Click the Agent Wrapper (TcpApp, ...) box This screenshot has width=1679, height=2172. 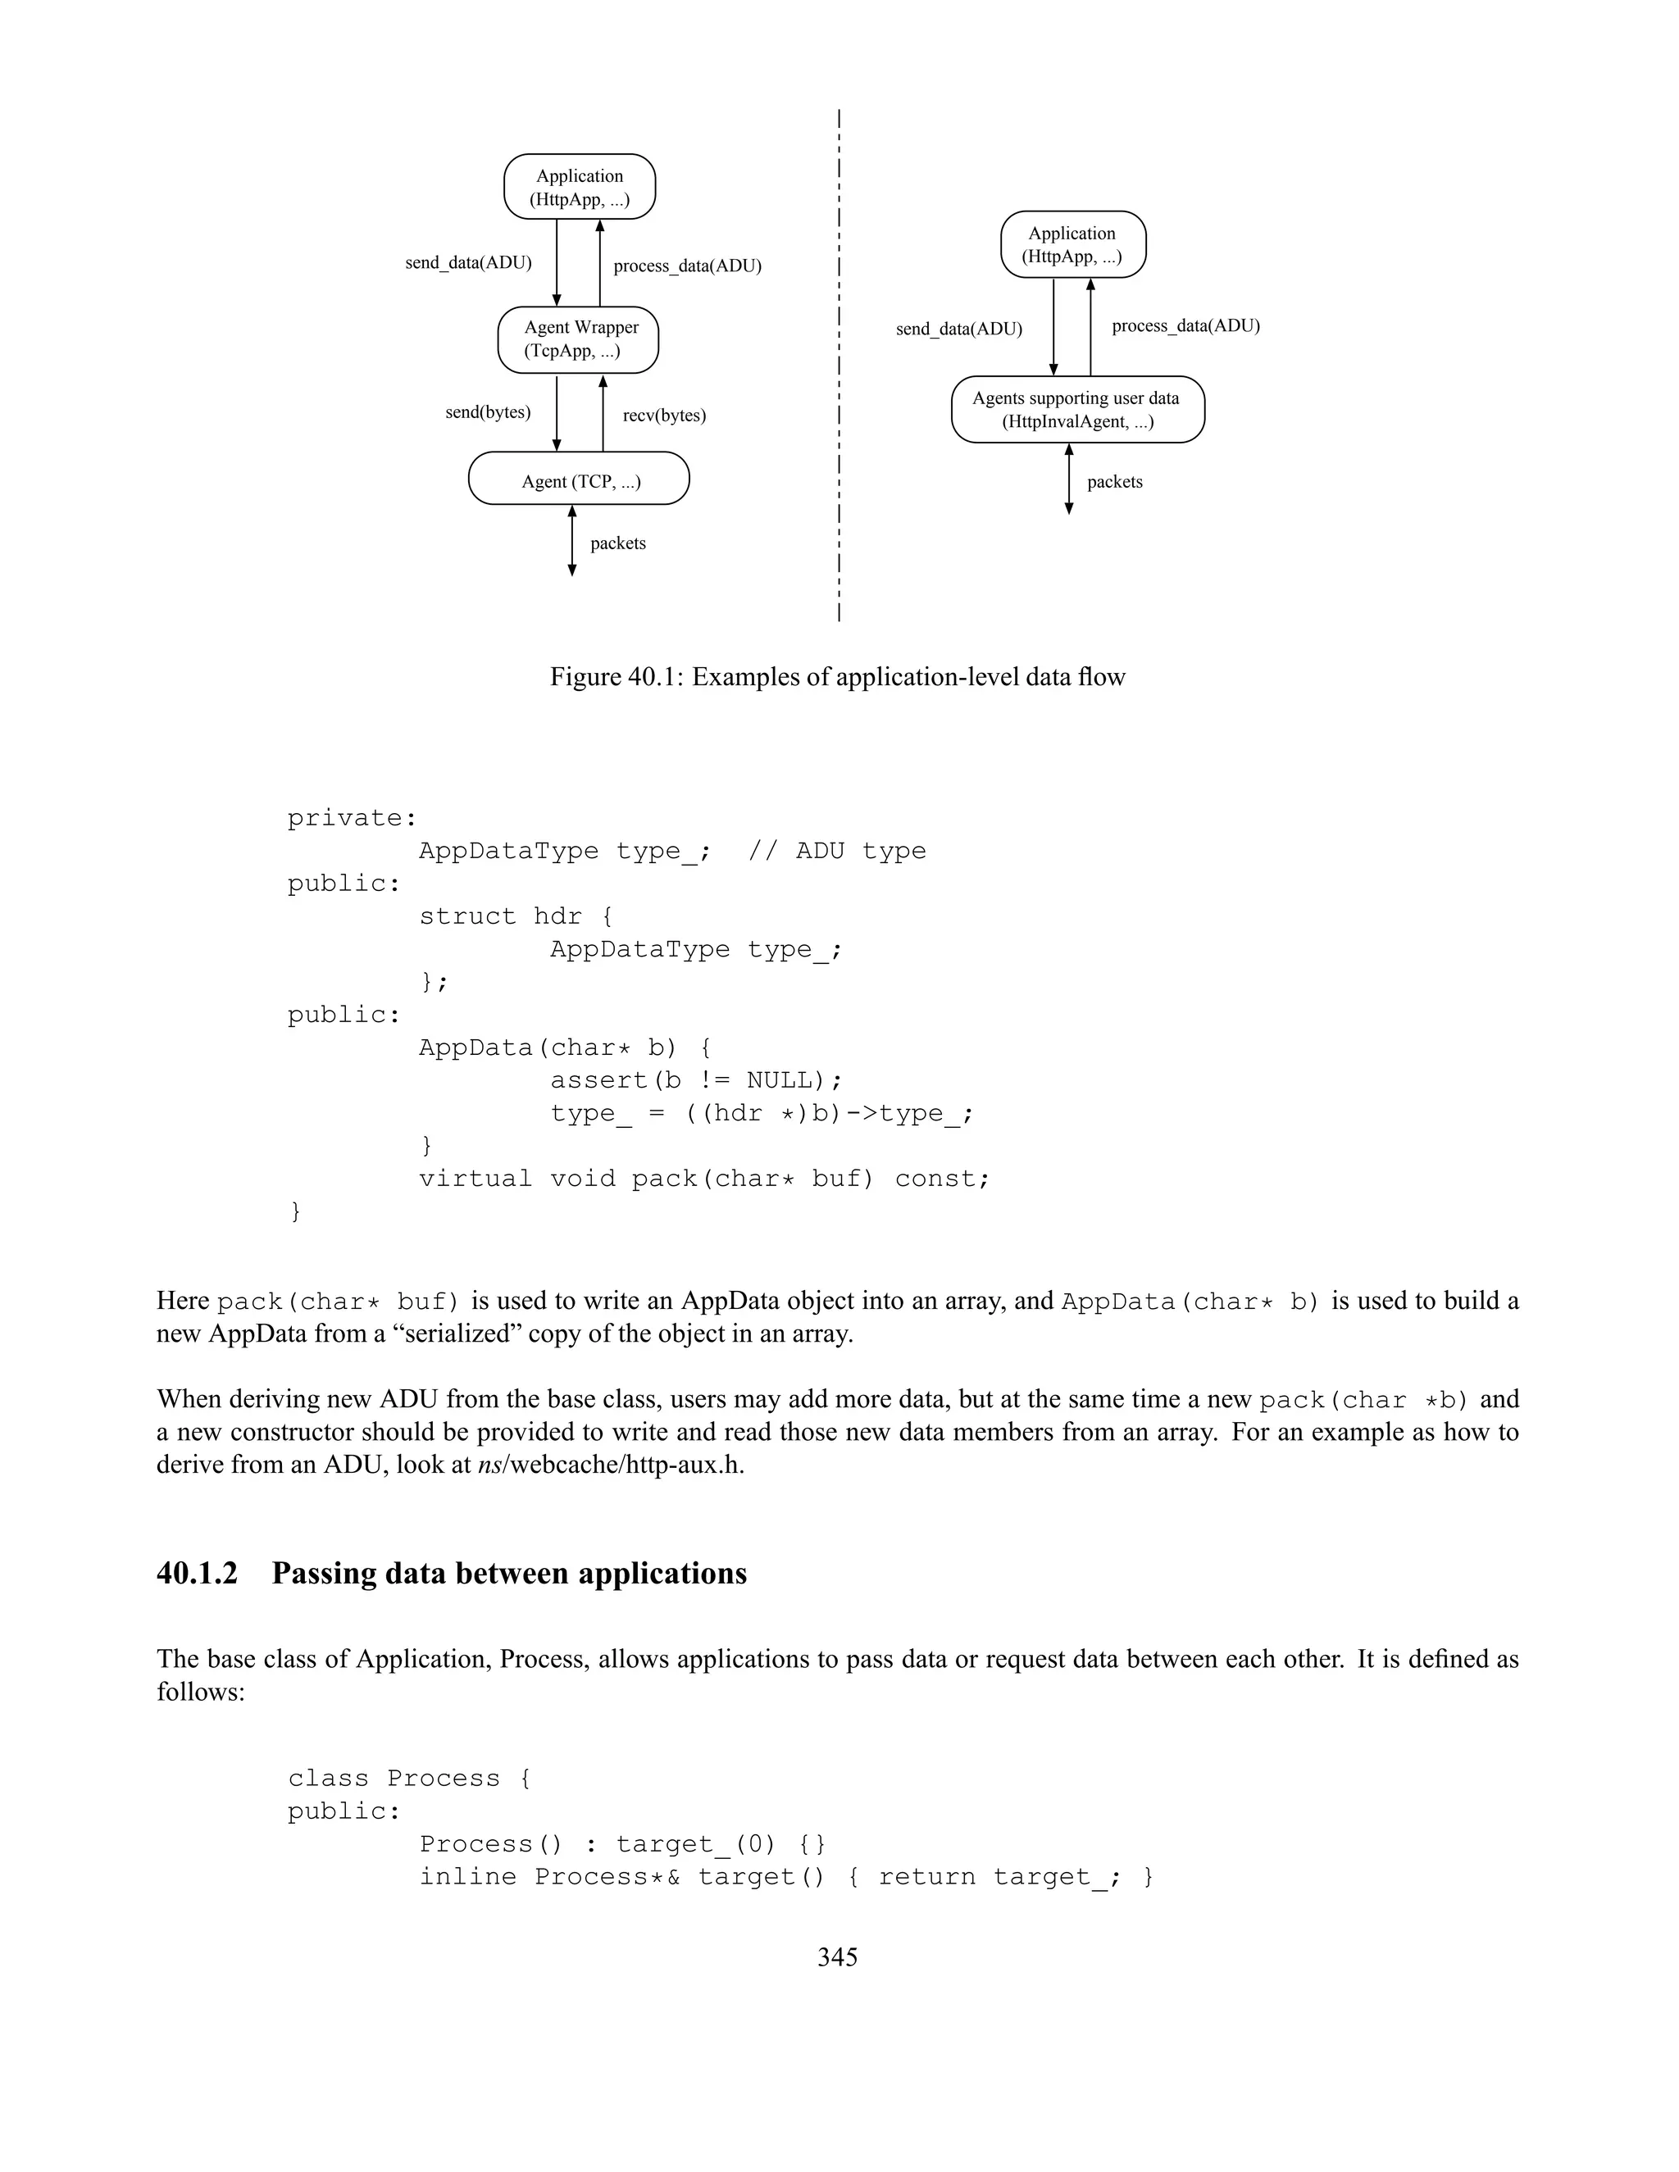click(x=578, y=339)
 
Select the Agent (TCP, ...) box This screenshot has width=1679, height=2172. click(x=579, y=479)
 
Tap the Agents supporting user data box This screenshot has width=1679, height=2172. click(x=1077, y=409)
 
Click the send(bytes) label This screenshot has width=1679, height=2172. click(x=488, y=411)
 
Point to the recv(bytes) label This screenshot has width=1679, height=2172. click(x=664, y=415)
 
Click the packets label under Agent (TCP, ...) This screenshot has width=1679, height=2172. click(x=617, y=543)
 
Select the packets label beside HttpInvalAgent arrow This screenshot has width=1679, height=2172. click(x=1114, y=481)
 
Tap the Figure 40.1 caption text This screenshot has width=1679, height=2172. click(x=838, y=676)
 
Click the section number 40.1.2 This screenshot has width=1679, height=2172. click(x=197, y=1572)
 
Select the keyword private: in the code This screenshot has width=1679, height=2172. click(x=352, y=817)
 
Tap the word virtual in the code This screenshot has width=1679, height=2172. click(x=475, y=1179)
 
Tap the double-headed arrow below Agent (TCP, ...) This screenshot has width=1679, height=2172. click(x=572, y=540)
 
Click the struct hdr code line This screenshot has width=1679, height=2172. click(x=515, y=916)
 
